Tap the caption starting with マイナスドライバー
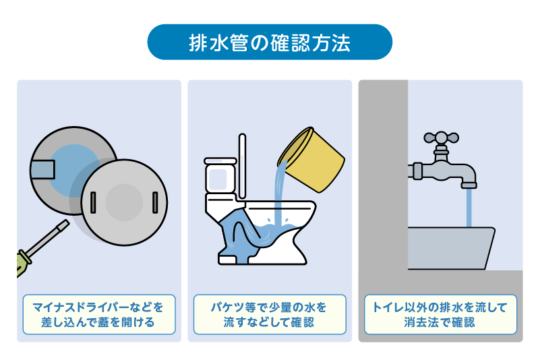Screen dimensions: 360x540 pyautogui.click(x=98, y=314)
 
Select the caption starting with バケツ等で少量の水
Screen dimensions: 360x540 pyautogui.click(x=270, y=314)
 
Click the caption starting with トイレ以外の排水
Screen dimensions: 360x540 pyautogui.click(x=440, y=314)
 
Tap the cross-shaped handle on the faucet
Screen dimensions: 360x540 pyautogui.click(x=441, y=138)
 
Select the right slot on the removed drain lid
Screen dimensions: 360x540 pyautogui.click(x=155, y=200)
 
